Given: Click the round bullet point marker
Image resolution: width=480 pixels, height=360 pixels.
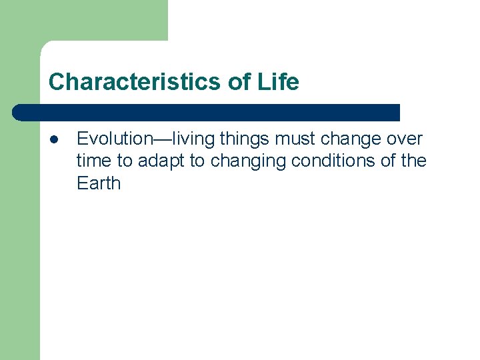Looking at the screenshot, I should pyautogui.click(x=54, y=139).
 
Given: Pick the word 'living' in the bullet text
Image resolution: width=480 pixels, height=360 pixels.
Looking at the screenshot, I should pyautogui.click(x=195, y=139).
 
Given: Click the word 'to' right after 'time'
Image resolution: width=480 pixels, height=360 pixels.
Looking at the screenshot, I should pyautogui.click(x=125, y=161).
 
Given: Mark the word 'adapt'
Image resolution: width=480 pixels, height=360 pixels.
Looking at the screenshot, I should pyautogui.click(x=161, y=161).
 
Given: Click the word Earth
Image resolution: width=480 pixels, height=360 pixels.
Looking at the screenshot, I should pyautogui.click(x=99, y=183).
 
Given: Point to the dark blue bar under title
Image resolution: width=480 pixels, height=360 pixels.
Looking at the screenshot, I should pyautogui.click(x=207, y=112).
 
